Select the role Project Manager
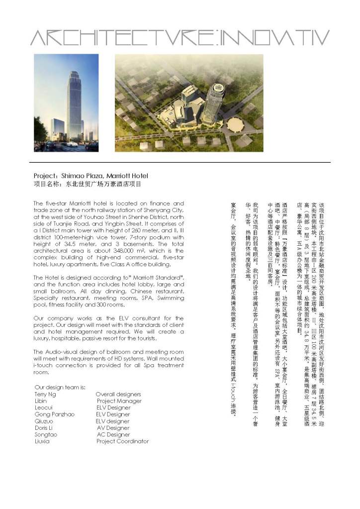119,401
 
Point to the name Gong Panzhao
54,414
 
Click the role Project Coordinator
122,441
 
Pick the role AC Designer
113,434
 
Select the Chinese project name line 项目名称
88,184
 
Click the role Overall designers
118,394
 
